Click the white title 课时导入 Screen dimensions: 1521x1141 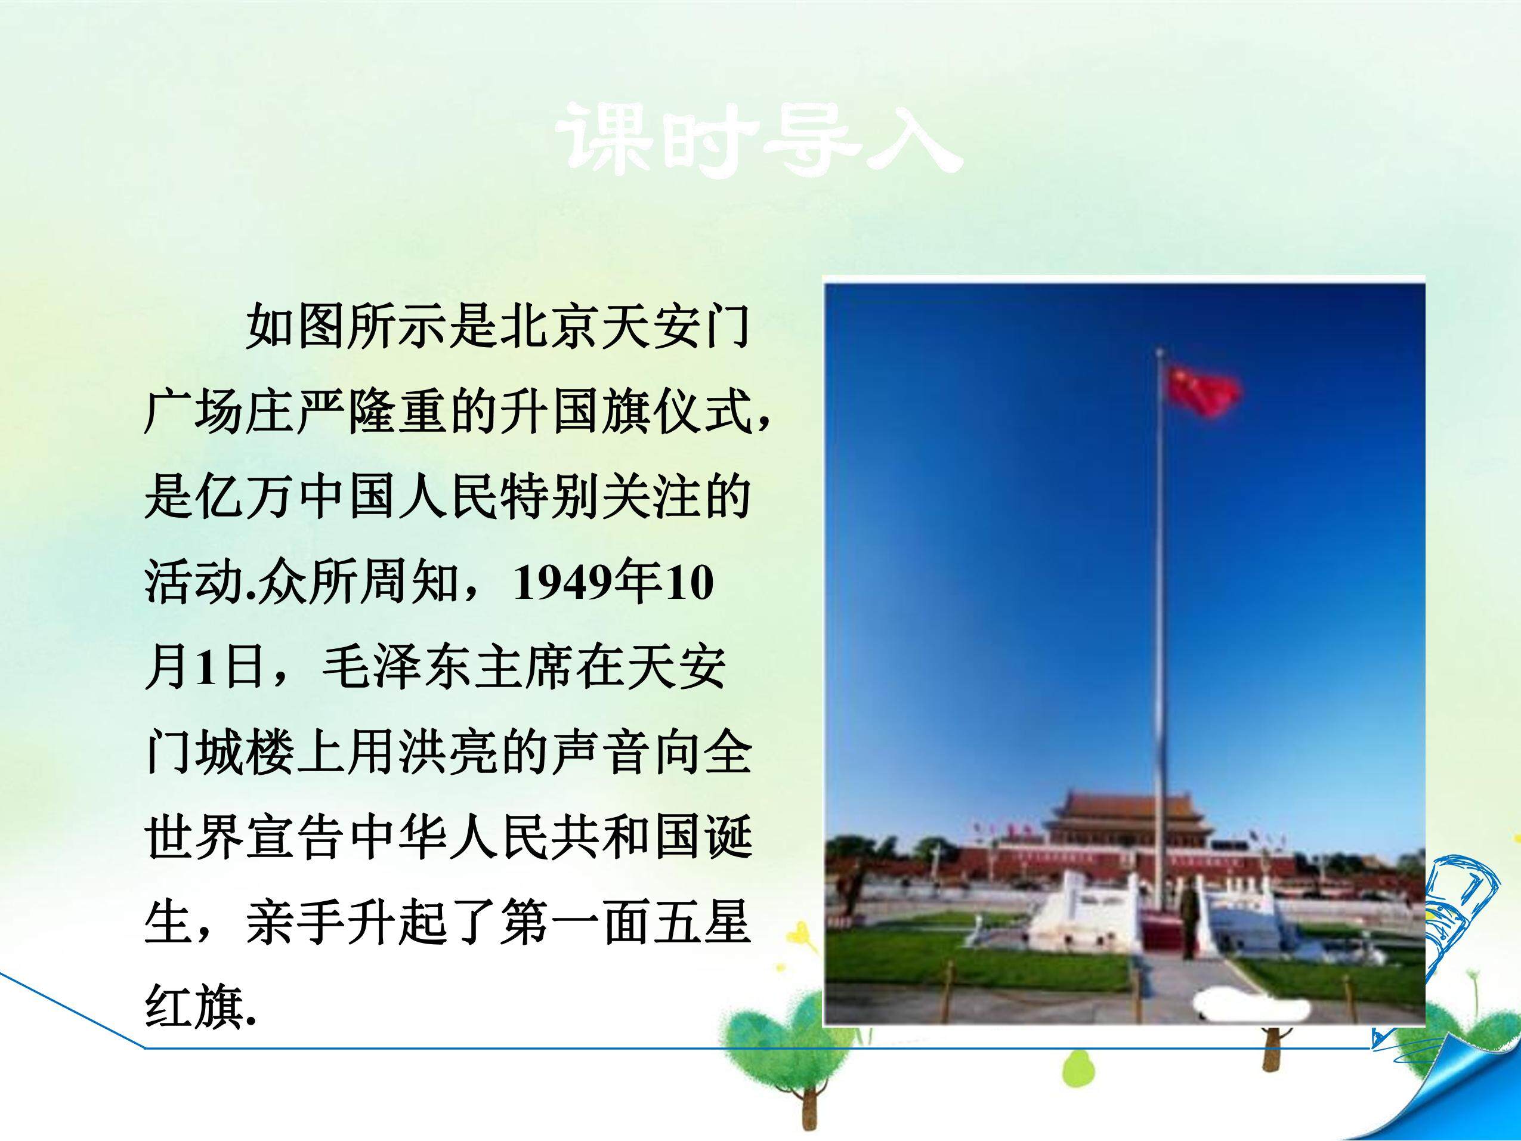tap(760, 140)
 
